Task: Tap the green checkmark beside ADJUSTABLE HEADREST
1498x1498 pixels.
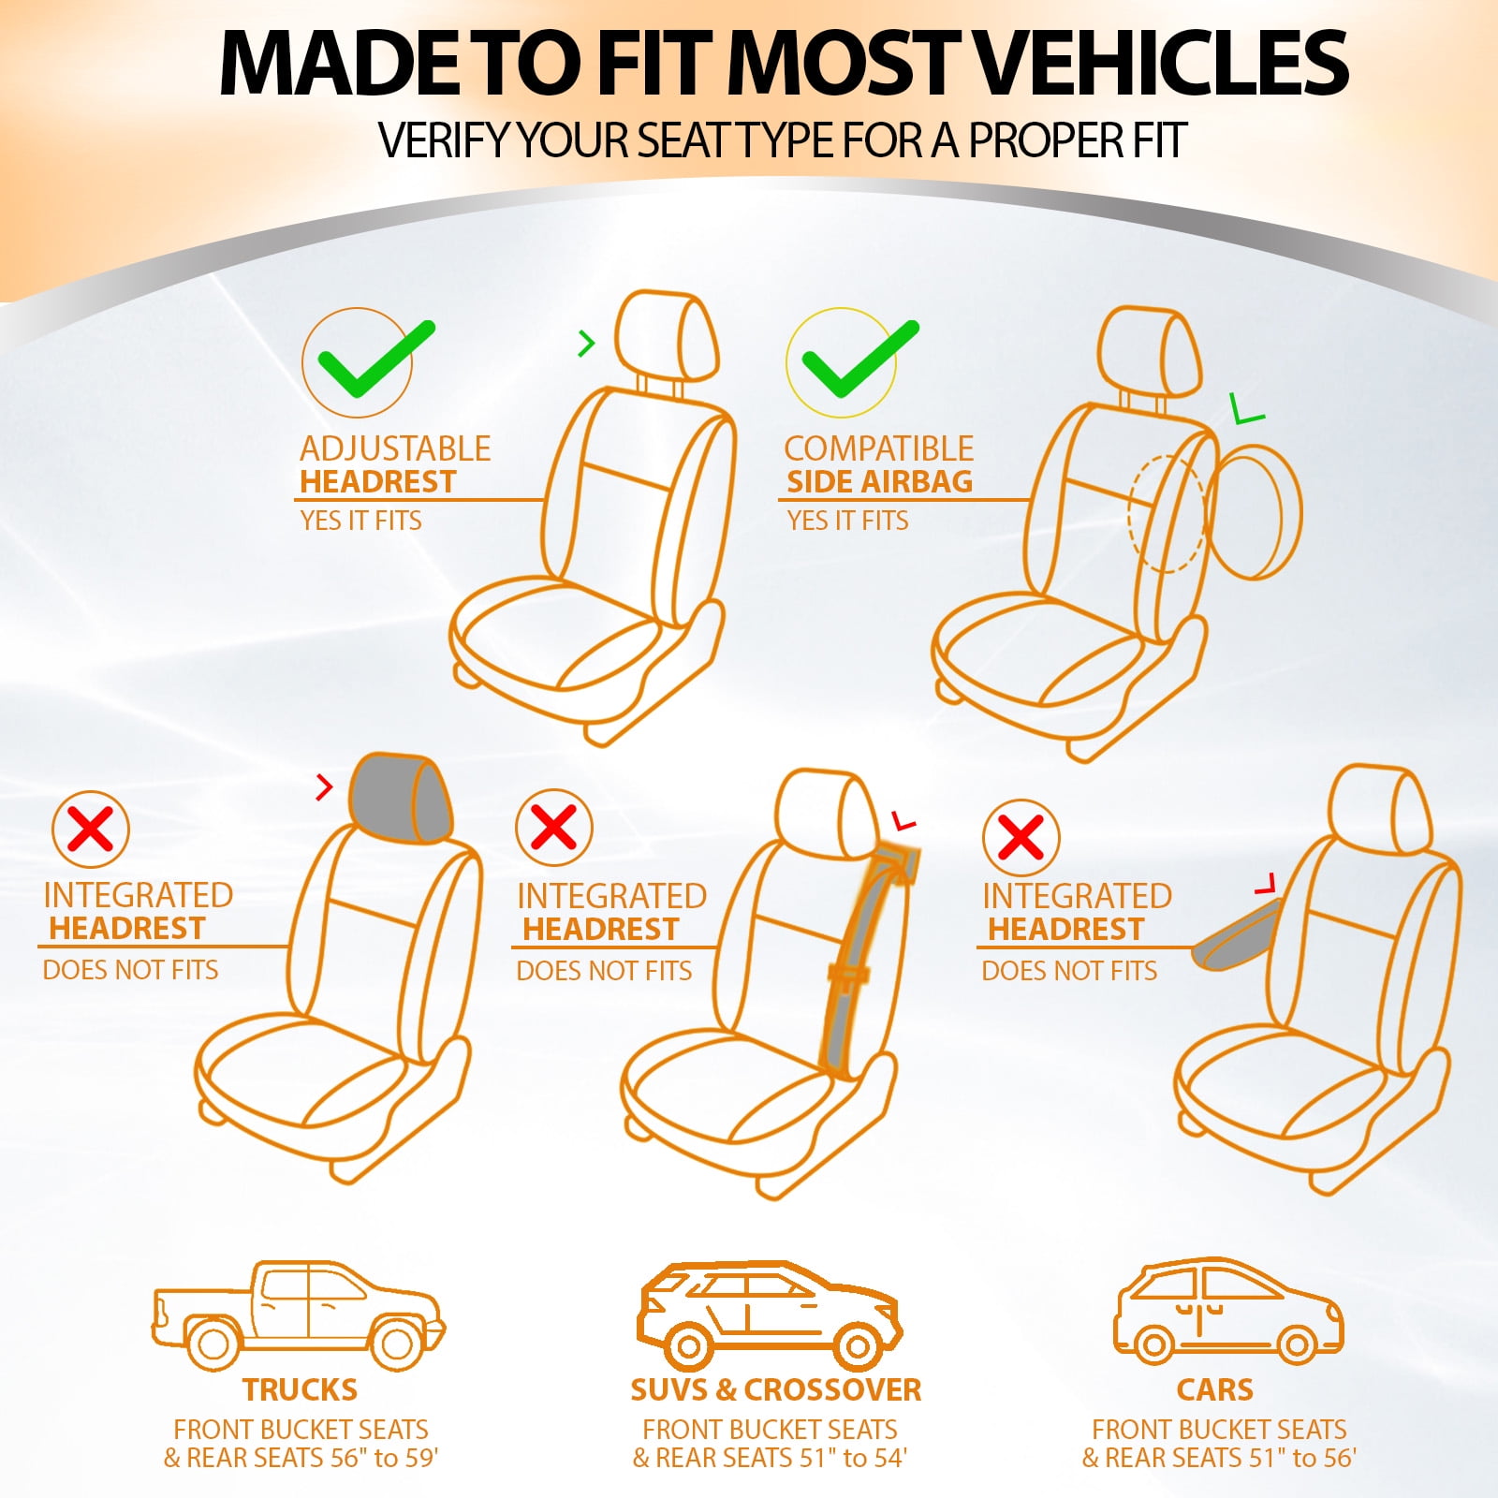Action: (374, 360)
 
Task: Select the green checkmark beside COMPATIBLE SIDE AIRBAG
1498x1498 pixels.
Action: (859, 360)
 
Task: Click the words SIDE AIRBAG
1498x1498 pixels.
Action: (879, 481)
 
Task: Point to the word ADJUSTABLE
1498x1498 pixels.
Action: (395, 448)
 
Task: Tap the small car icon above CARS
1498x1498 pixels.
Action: (1228, 1311)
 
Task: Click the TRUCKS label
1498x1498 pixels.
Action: (300, 1389)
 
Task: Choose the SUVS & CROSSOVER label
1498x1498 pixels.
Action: (775, 1389)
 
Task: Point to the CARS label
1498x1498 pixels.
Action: (1214, 1389)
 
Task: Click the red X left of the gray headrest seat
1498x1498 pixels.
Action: (90, 830)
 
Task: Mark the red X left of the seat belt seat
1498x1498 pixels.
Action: (553, 828)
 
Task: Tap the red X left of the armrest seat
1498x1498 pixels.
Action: (1021, 837)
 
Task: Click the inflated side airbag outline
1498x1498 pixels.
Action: (1255, 511)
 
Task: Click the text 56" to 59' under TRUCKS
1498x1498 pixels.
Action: (384, 1458)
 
